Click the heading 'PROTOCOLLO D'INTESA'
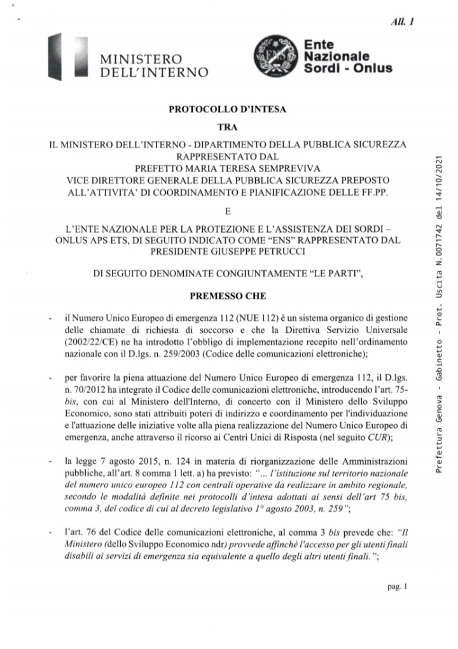227,110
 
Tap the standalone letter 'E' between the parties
227,210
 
